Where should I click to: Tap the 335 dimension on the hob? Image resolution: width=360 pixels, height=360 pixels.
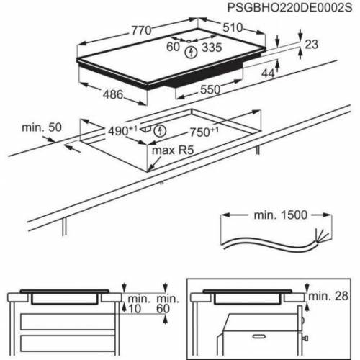point(211,48)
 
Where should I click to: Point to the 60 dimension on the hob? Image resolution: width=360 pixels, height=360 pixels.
point(173,48)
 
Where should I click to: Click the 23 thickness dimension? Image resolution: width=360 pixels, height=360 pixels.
point(311,45)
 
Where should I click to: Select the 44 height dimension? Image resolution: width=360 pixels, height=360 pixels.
point(268,73)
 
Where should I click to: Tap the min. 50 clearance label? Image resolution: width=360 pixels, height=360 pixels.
point(42,127)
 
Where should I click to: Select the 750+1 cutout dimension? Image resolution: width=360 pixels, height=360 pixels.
point(205,132)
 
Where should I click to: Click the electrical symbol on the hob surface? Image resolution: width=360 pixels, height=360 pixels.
point(190,53)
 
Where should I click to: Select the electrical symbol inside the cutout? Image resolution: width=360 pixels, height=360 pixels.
point(160,130)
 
